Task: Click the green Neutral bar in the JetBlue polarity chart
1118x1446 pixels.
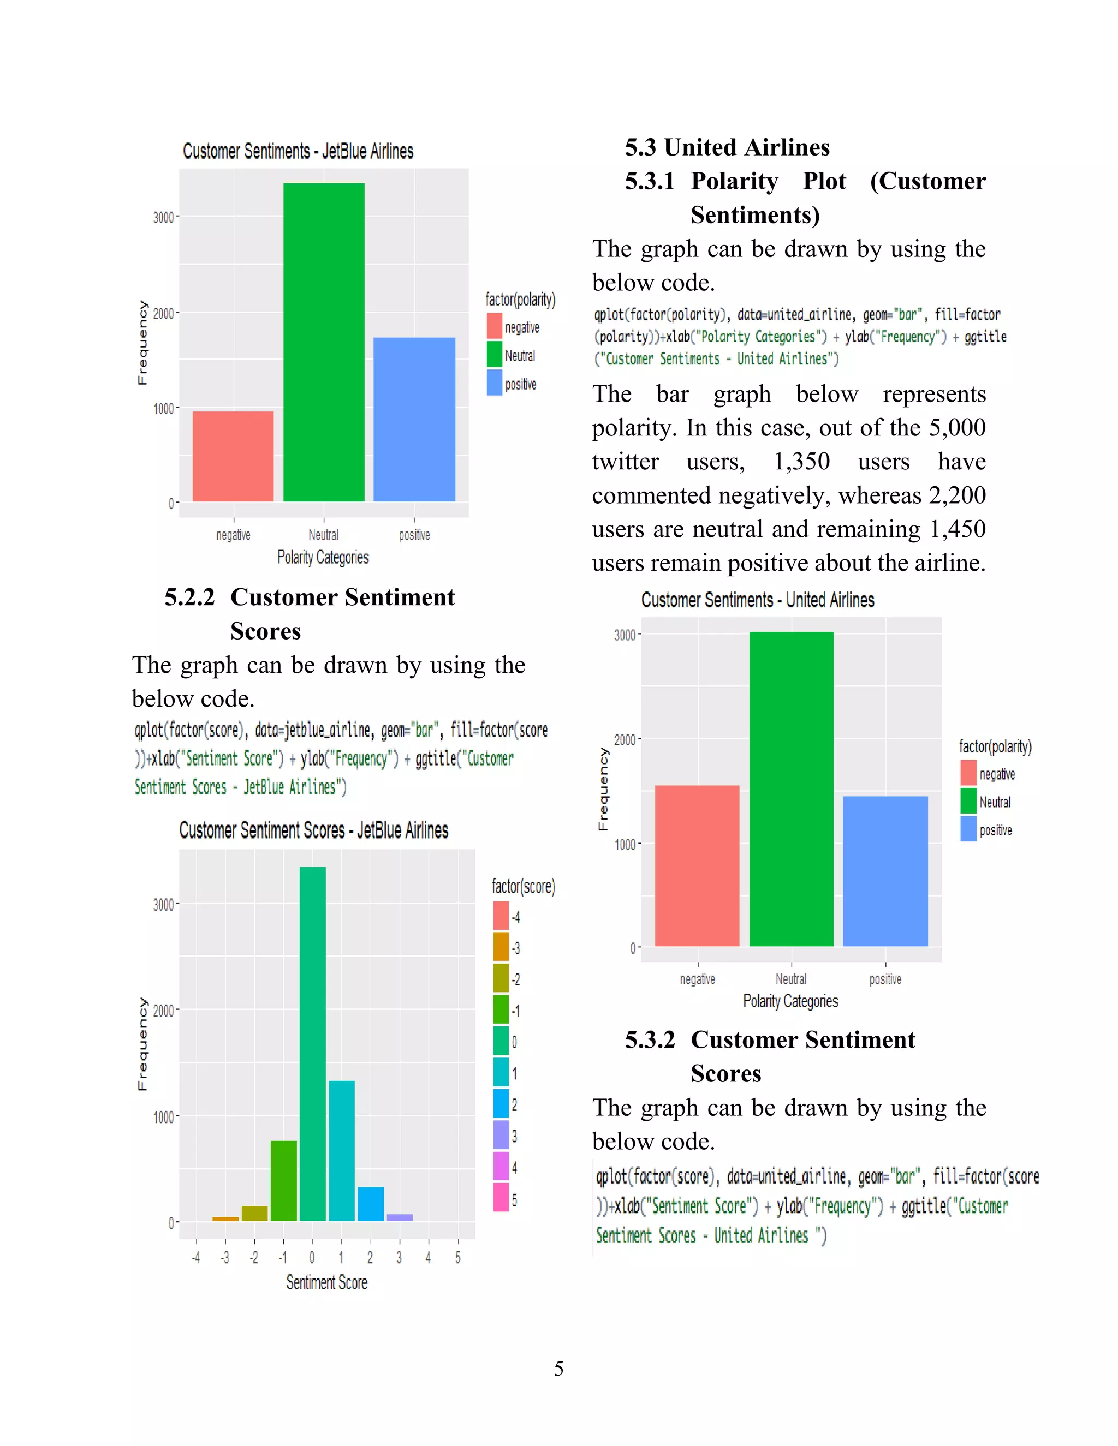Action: pyautogui.click(x=324, y=342)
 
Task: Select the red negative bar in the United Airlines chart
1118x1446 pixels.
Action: pyautogui.click(x=697, y=865)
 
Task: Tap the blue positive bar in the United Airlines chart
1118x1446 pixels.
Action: pyautogui.click(x=885, y=871)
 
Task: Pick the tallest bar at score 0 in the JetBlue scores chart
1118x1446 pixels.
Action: pyautogui.click(x=313, y=1043)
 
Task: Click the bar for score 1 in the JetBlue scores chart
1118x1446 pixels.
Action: pyautogui.click(x=342, y=1151)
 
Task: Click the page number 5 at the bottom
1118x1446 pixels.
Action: pyautogui.click(x=559, y=1369)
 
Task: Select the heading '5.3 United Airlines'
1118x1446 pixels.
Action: pyautogui.click(x=727, y=147)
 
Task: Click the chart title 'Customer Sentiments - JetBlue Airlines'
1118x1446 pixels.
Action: pyautogui.click(x=298, y=152)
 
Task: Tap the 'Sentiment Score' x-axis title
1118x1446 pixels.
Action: pyautogui.click(x=326, y=1282)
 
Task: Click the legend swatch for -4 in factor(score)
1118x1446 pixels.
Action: pyautogui.click(x=501, y=916)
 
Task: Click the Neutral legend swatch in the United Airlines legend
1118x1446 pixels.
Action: pyautogui.click(x=968, y=801)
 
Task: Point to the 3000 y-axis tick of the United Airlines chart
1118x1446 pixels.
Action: pyautogui.click(x=625, y=635)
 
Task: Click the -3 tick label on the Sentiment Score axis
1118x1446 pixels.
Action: pyautogui.click(x=225, y=1257)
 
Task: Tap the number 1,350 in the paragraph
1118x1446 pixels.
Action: pyautogui.click(x=801, y=462)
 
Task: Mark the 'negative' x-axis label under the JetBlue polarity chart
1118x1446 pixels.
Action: pyautogui.click(x=233, y=535)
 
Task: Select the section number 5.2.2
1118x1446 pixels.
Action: pyautogui.click(x=189, y=597)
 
